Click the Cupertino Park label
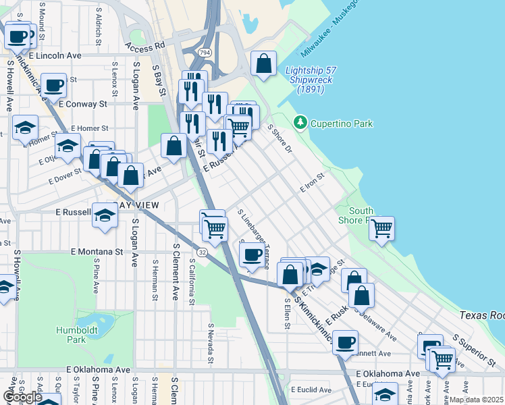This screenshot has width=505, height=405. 341,124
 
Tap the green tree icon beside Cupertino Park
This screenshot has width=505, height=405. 300,122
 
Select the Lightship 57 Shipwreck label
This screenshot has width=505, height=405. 311,80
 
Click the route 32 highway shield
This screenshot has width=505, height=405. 202,251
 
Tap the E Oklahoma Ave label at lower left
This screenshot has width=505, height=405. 98,371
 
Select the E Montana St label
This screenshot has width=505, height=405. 97,251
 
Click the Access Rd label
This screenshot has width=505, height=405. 144,46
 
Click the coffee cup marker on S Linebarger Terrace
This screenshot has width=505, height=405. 252,255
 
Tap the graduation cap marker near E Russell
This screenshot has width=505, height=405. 105,215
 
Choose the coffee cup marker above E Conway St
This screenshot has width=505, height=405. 53,85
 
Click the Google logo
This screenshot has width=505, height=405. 22,396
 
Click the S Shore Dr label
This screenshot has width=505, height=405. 280,138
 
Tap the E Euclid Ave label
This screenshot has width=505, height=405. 311,389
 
